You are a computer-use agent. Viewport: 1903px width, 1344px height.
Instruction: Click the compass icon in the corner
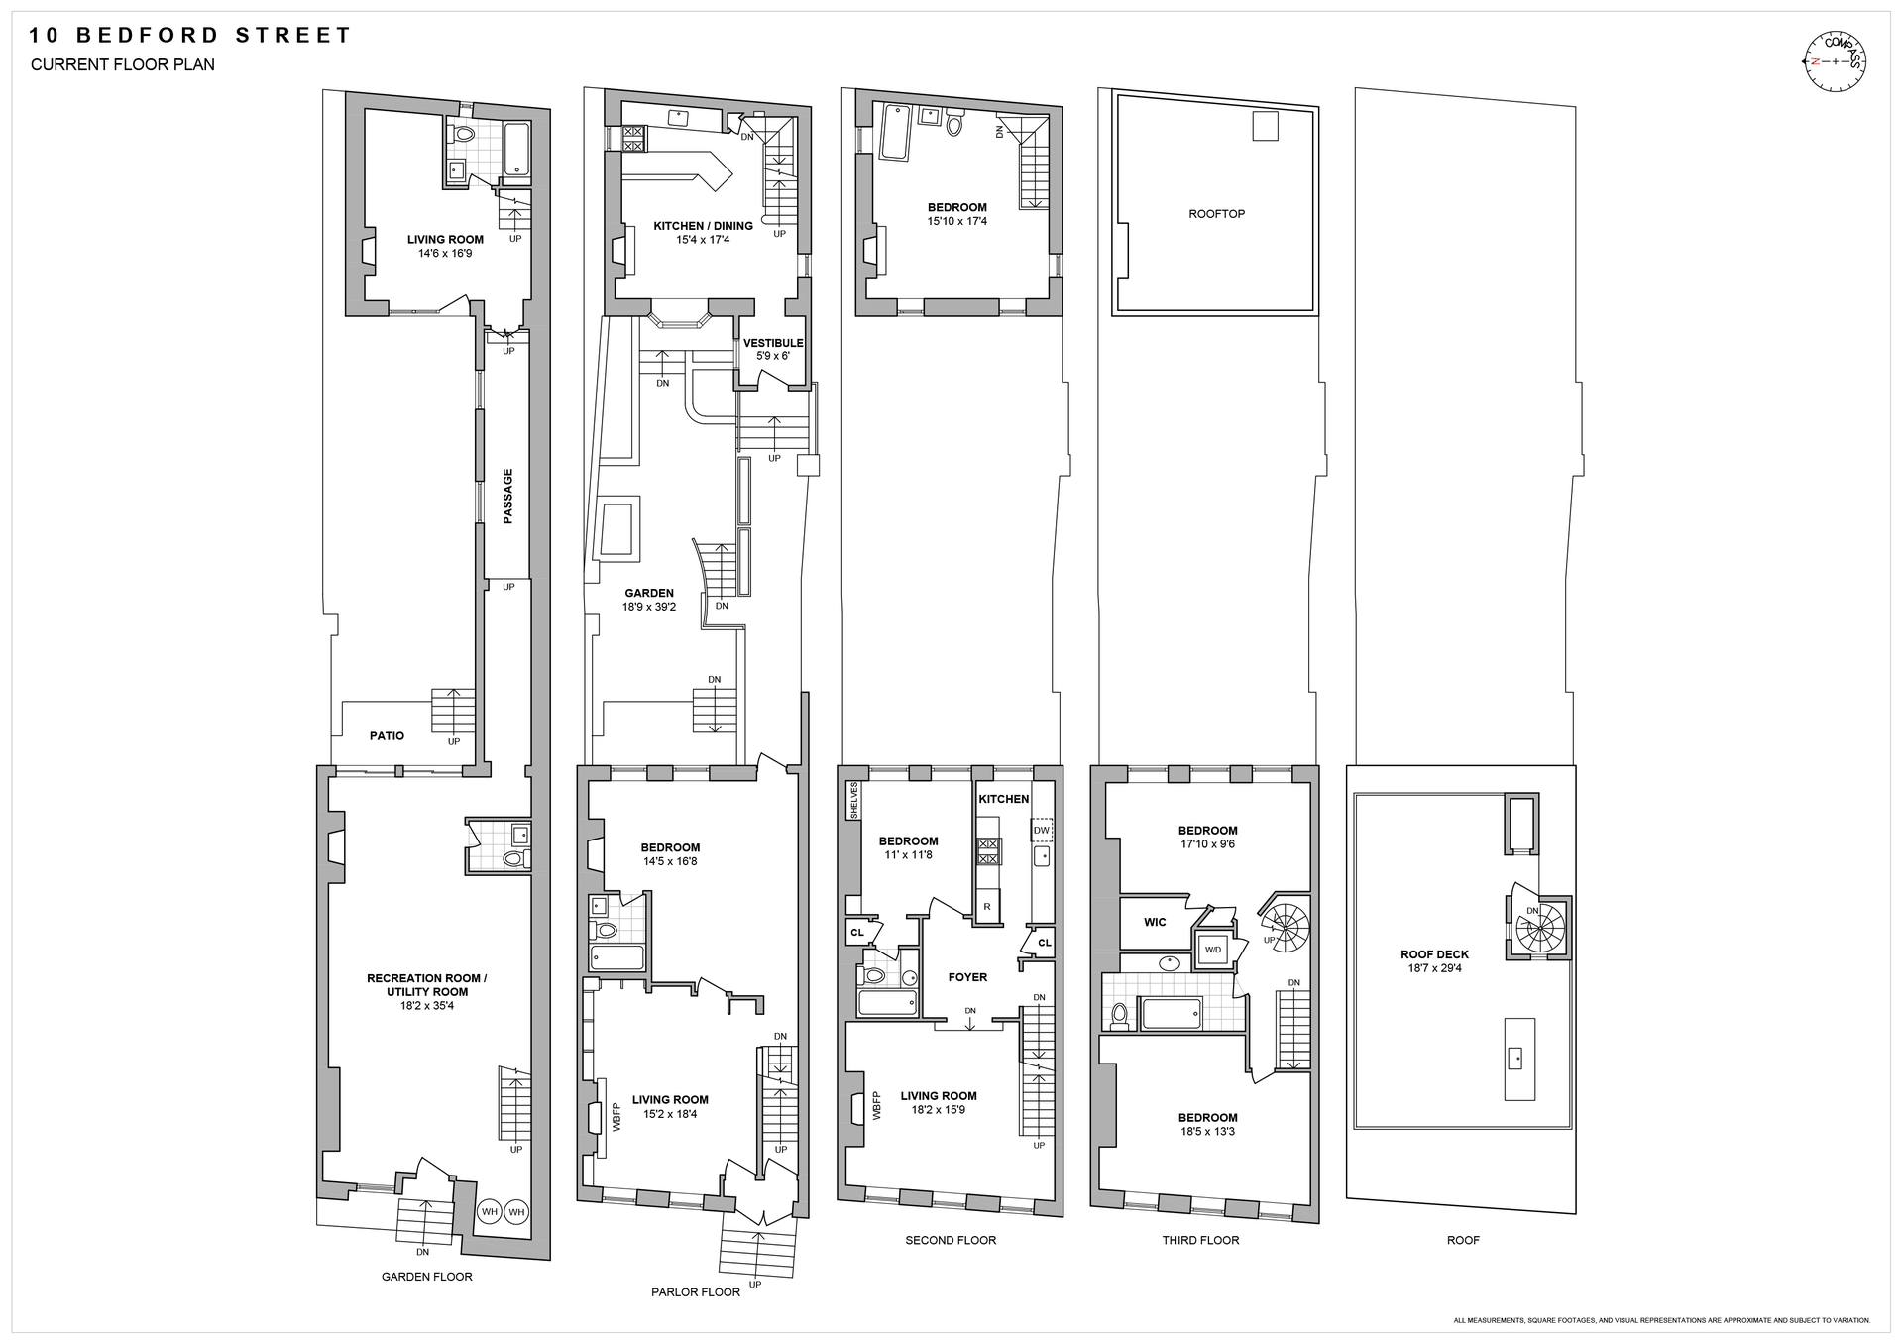point(1835,61)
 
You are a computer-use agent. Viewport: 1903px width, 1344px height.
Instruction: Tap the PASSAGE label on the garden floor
point(508,496)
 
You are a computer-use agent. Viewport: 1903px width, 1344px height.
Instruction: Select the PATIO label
point(387,736)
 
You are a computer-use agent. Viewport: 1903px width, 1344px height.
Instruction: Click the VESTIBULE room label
point(773,343)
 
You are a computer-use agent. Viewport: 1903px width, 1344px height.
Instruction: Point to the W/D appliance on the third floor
point(1213,950)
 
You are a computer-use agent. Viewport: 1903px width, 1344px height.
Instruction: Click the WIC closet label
point(1155,922)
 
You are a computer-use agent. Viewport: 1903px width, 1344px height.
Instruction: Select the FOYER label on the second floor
point(967,977)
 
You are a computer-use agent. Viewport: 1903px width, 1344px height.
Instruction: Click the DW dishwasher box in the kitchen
point(1042,831)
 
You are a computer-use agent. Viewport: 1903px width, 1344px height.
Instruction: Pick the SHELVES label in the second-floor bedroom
point(853,801)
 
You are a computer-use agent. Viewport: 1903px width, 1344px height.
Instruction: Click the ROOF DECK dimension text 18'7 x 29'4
point(1434,968)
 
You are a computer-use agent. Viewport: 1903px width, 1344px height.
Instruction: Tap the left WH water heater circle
point(490,1211)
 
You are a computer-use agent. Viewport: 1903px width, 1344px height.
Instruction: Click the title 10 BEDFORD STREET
point(189,36)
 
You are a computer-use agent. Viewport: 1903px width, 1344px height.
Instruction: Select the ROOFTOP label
point(1216,214)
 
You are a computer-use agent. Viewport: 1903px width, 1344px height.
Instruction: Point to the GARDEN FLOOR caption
point(427,1277)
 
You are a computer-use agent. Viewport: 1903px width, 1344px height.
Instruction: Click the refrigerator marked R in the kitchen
point(987,906)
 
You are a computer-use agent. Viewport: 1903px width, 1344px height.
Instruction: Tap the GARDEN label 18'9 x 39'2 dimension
point(649,607)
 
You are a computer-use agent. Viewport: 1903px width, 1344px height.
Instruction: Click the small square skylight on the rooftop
point(1266,126)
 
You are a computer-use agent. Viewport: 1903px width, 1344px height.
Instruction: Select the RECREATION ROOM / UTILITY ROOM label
point(426,985)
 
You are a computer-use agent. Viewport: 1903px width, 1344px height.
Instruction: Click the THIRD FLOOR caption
point(1200,1240)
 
